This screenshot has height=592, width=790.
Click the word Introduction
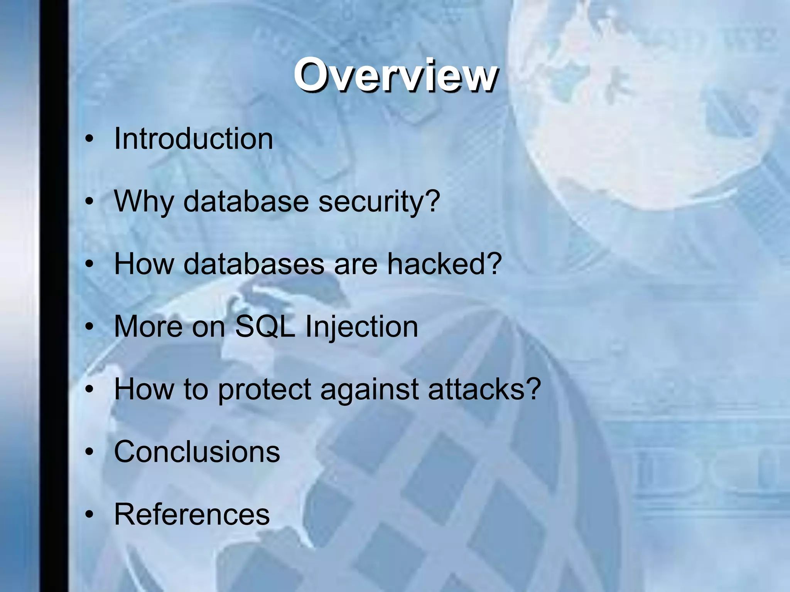(194, 139)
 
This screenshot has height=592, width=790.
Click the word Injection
(361, 327)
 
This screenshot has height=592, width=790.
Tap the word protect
(265, 390)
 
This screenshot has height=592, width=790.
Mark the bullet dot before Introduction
(89, 139)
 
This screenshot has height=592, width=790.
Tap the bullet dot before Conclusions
(89, 452)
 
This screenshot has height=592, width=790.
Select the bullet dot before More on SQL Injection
(89, 327)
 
